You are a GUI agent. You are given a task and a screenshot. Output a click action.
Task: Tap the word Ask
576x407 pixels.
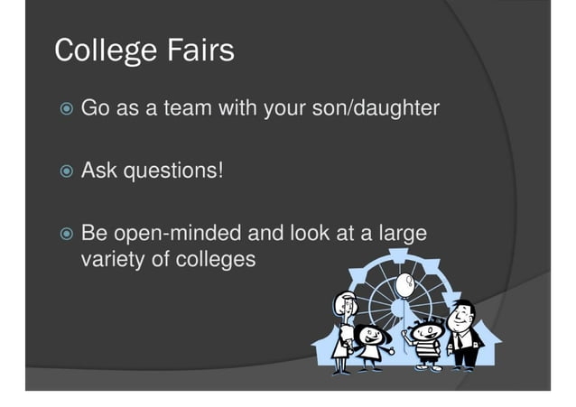[99, 171]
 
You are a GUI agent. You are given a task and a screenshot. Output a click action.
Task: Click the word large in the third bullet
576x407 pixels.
[401, 235]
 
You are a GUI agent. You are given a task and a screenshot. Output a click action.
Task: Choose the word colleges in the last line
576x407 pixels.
[218, 260]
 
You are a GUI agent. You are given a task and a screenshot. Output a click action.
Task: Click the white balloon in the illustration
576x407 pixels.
[403, 285]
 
